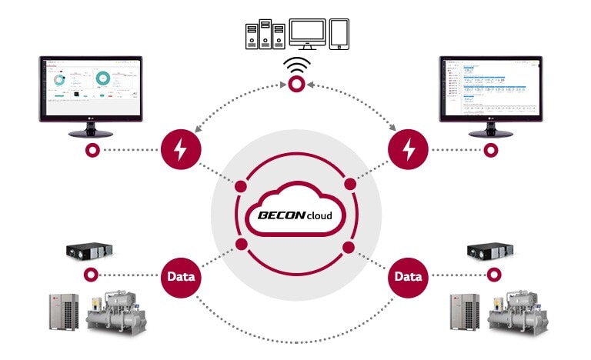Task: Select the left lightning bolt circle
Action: tap(181, 149)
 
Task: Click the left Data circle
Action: tap(181, 275)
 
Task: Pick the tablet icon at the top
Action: tap(339, 35)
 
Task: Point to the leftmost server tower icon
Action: tap(249, 35)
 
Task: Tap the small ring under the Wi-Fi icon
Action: tap(295, 89)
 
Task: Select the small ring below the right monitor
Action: tap(488, 150)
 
